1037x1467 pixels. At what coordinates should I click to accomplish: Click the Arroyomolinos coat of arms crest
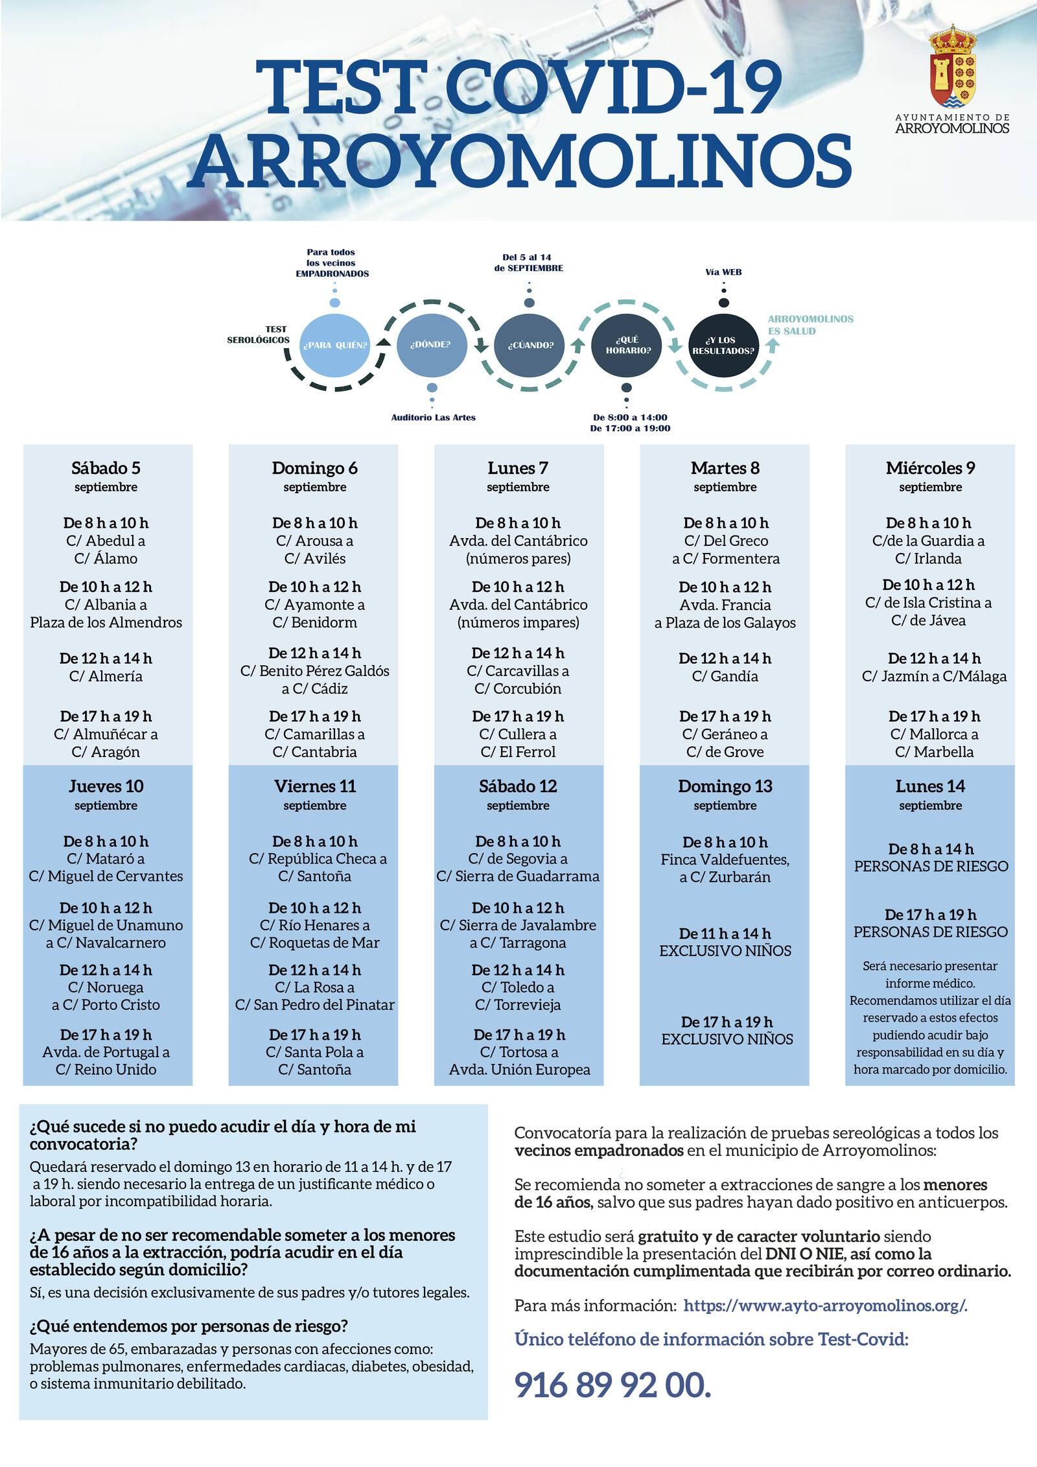952,67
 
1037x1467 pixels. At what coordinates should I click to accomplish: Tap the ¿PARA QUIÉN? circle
334,344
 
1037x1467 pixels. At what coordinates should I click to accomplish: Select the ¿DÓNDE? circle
430,344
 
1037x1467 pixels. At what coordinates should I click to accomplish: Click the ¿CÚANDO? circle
530,344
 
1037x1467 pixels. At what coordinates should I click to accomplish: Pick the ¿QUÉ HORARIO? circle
627,344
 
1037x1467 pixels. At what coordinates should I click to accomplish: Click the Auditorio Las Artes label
433,417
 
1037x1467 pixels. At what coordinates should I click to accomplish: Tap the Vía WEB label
723,272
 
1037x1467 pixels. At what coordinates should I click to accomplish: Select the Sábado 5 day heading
106,468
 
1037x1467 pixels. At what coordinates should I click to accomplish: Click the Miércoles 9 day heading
930,468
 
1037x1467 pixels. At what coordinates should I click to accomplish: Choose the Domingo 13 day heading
725,786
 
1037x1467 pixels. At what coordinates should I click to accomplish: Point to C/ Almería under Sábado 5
106,676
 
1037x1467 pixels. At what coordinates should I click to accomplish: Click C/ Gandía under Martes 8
725,676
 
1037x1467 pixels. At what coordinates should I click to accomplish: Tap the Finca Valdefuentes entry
725,860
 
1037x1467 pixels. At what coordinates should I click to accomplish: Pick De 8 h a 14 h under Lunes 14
930,849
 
